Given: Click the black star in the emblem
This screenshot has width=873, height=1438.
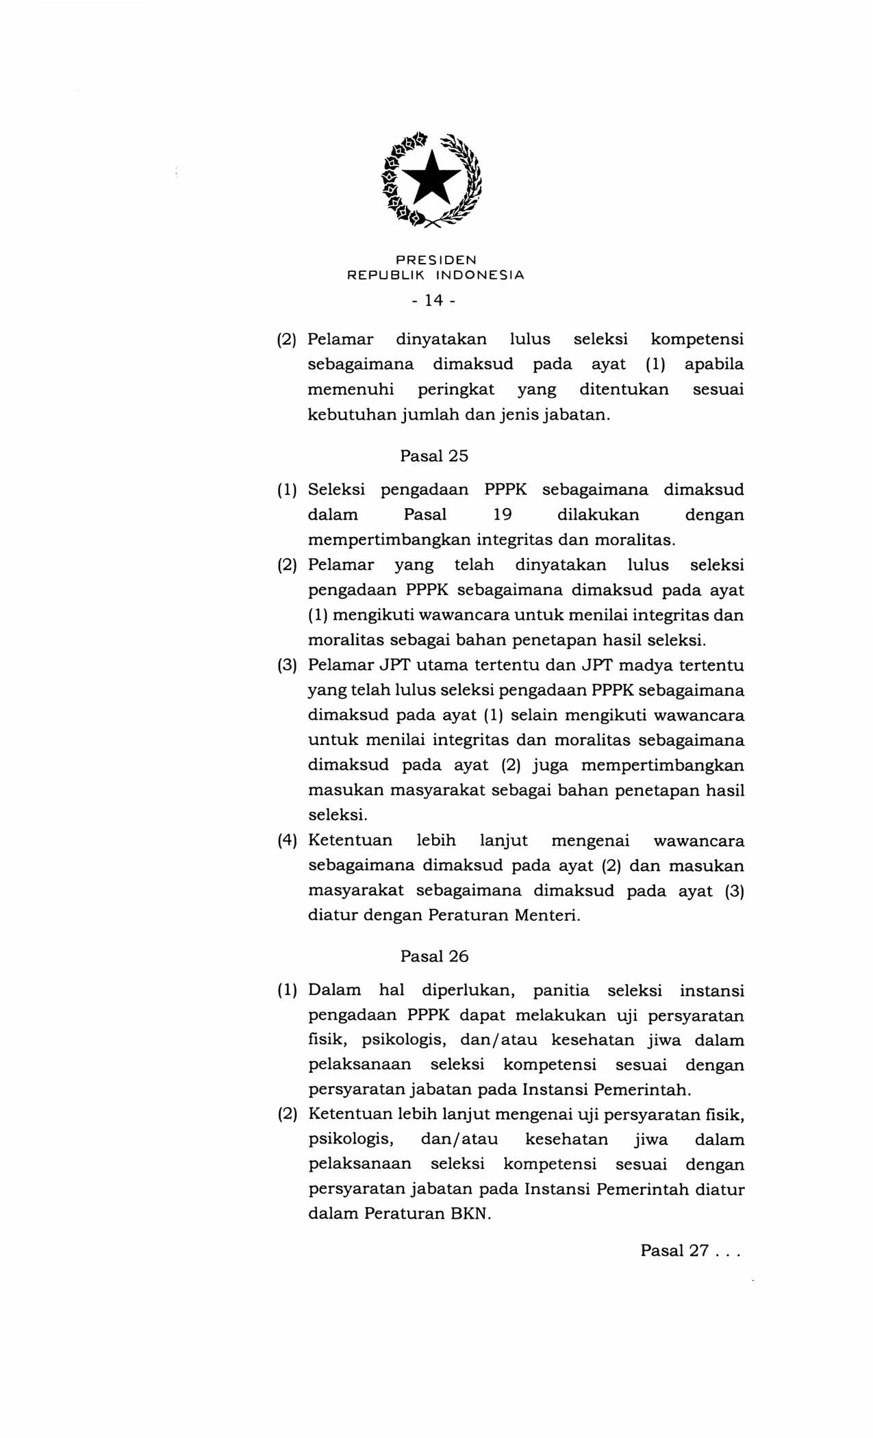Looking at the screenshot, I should (x=433, y=179).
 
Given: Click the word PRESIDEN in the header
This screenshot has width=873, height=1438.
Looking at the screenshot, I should (x=436, y=260).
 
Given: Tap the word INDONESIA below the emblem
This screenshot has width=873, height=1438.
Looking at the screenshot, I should (x=480, y=275).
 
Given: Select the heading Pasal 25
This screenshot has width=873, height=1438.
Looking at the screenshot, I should (x=434, y=455).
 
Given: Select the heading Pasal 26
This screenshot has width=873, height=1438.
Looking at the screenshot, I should (x=434, y=956).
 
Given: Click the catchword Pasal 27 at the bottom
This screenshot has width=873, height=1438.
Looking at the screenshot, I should (x=674, y=1250).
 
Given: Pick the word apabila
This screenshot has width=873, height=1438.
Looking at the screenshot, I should (x=713, y=364).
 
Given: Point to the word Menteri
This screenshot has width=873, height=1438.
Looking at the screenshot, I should (x=546, y=915).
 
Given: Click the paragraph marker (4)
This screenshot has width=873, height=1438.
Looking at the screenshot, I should (x=287, y=840).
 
